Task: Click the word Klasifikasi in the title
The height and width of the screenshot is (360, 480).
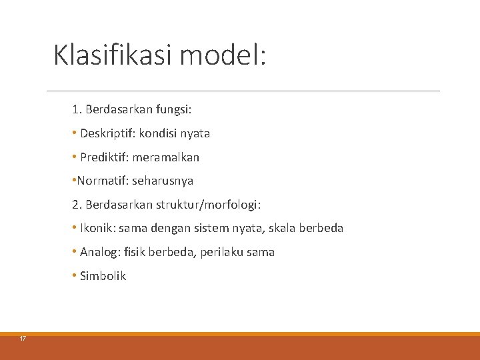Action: tap(113, 55)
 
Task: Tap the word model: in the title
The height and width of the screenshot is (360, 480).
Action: tap(223, 55)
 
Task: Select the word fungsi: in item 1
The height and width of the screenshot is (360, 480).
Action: tap(173, 109)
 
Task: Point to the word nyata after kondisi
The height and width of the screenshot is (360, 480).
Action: tap(195, 133)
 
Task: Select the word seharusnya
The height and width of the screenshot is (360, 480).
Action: tap(163, 181)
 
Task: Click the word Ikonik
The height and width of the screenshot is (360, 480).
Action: tap(97, 228)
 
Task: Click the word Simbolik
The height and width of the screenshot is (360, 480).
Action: tap(103, 276)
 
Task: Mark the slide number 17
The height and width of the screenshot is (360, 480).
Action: tap(23, 339)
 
